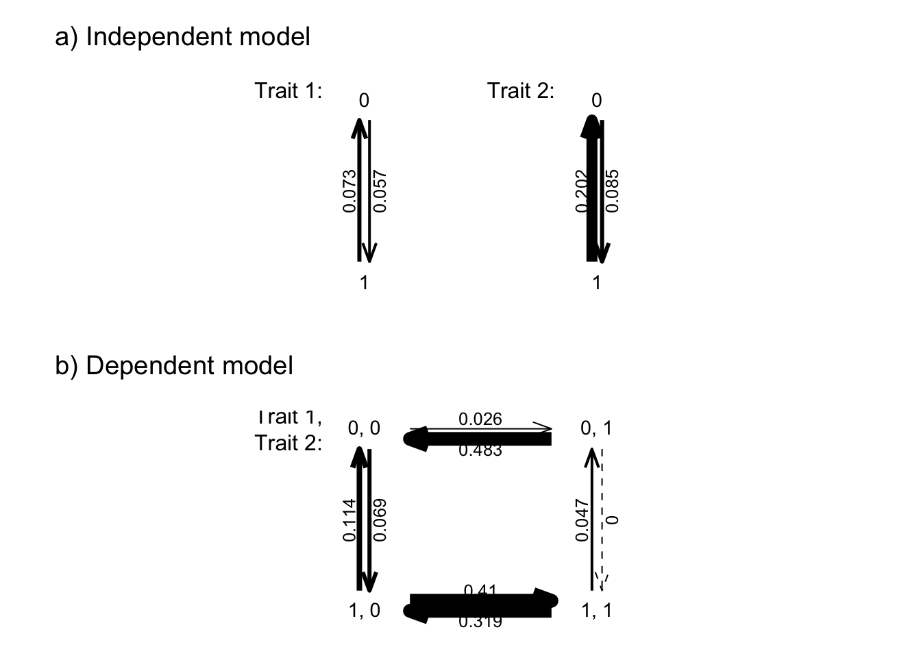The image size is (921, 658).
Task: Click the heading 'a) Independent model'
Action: pos(182,37)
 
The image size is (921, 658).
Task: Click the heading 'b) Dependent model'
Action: pos(174,366)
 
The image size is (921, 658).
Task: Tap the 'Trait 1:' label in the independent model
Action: pos(288,90)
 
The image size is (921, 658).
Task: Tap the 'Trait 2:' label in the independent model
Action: pos(521,90)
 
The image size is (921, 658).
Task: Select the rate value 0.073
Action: pos(349,191)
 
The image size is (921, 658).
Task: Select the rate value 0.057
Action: pos(381,191)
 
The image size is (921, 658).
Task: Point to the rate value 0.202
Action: pos(582,191)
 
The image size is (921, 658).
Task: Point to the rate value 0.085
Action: pos(613,191)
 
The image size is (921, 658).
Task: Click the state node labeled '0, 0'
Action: pos(364,428)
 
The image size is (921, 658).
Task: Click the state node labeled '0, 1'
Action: pos(596,428)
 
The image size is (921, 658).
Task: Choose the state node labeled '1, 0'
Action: pos(364,610)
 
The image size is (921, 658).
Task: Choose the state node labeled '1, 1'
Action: pos(596,610)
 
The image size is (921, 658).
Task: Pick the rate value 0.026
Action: pos(480,419)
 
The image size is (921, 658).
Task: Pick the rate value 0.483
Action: pos(480,450)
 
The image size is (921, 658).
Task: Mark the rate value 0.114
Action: pos(349,520)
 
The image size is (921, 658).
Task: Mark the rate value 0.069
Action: pos(381,520)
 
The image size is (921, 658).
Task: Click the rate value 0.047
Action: pos(582,520)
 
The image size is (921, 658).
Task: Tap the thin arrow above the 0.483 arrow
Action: pos(507,429)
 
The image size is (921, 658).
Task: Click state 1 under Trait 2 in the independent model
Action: pos(596,282)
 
